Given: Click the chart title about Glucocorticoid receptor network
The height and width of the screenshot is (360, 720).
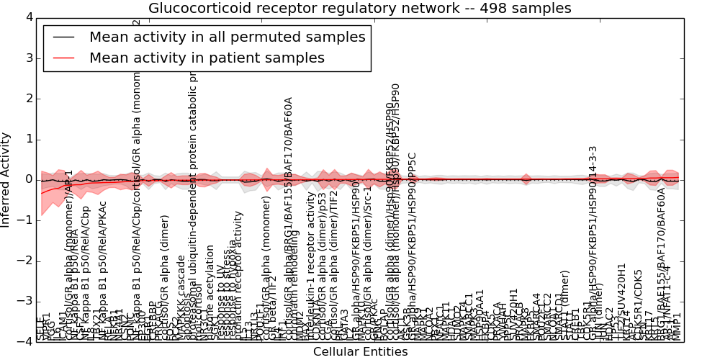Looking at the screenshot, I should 359,9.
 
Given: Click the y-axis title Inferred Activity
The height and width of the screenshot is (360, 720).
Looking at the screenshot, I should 6,179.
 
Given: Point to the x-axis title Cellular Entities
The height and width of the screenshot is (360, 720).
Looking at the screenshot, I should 360,352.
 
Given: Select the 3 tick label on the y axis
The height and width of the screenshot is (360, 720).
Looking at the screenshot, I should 27,58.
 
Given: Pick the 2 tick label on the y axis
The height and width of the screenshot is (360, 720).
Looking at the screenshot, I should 27,99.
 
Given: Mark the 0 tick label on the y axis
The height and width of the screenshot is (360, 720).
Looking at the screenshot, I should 27,179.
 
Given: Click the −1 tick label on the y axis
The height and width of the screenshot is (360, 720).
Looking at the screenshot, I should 24,220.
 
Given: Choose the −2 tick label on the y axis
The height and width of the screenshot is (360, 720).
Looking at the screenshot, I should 24,261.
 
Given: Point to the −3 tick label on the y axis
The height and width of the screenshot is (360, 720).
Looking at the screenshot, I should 24,301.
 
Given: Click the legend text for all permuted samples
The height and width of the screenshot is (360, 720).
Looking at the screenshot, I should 227,37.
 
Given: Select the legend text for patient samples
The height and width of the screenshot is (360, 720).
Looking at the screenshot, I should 207,58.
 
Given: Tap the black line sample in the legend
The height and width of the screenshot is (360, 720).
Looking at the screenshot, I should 63,37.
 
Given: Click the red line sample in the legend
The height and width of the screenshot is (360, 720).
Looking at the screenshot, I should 63,58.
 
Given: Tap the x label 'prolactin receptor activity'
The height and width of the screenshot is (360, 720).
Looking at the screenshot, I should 240,266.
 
